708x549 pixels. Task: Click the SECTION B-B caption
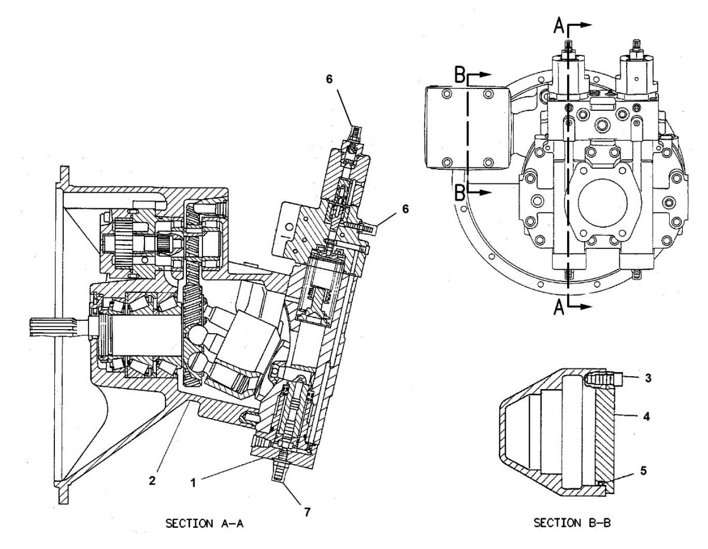571,522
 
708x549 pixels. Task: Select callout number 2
152,481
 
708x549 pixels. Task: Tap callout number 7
307,513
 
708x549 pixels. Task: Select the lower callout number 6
404,208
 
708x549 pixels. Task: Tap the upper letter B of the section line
461,75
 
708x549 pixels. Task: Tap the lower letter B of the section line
461,192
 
